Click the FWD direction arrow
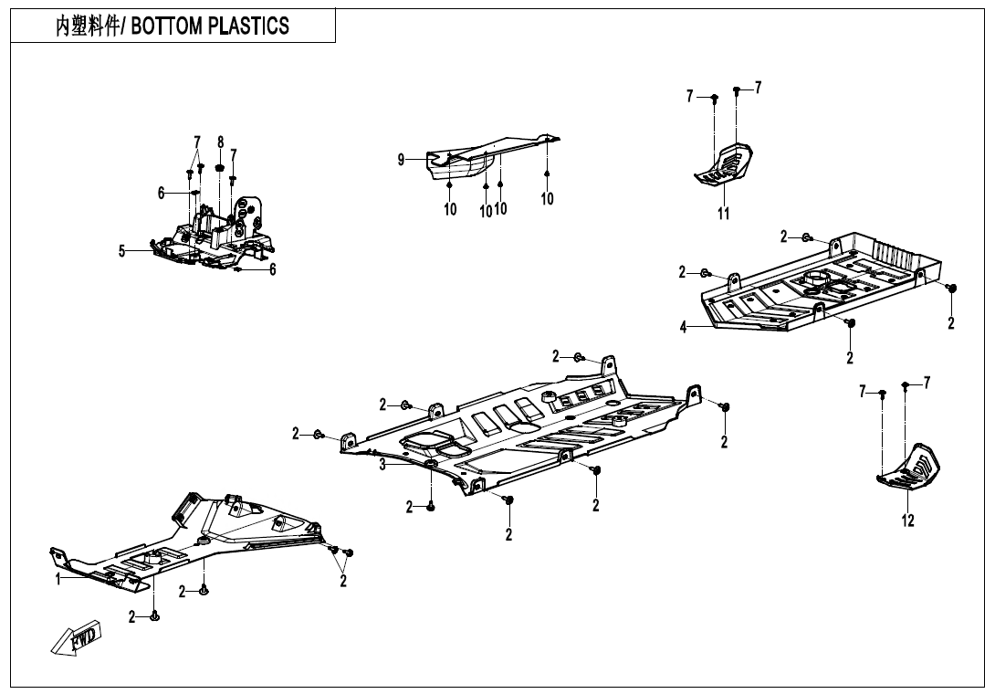pos(77,637)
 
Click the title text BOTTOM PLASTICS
pos(211,26)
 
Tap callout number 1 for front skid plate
pos(58,579)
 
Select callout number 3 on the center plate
pos(383,465)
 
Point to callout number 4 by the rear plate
pos(683,328)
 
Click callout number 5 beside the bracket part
pos(121,252)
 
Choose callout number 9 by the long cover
pos(401,160)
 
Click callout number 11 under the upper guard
pos(723,214)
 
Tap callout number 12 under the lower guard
pos(907,521)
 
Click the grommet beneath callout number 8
pos(220,168)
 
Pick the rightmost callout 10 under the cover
pos(547,198)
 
